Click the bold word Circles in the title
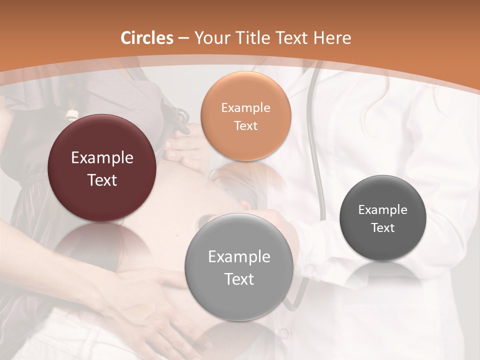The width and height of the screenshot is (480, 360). pyautogui.click(x=147, y=38)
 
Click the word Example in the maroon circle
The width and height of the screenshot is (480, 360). pyautogui.click(x=102, y=158)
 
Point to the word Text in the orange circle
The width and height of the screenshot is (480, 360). pyautogui.click(x=245, y=126)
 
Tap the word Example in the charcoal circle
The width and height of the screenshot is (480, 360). pyautogui.click(x=383, y=210)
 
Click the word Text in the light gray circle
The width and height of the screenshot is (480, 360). pyautogui.click(x=239, y=279)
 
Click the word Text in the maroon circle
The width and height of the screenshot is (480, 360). pyautogui.click(x=102, y=180)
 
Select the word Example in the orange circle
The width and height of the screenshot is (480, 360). pyautogui.click(x=245, y=108)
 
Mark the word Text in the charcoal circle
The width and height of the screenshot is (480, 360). pyautogui.click(x=383, y=228)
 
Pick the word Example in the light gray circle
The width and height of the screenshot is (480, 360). pyautogui.click(x=239, y=257)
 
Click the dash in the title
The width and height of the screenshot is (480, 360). pyautogui.click(x=183, y=38)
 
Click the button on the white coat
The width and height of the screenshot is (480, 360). pyautogui.click(x=284, y=332)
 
